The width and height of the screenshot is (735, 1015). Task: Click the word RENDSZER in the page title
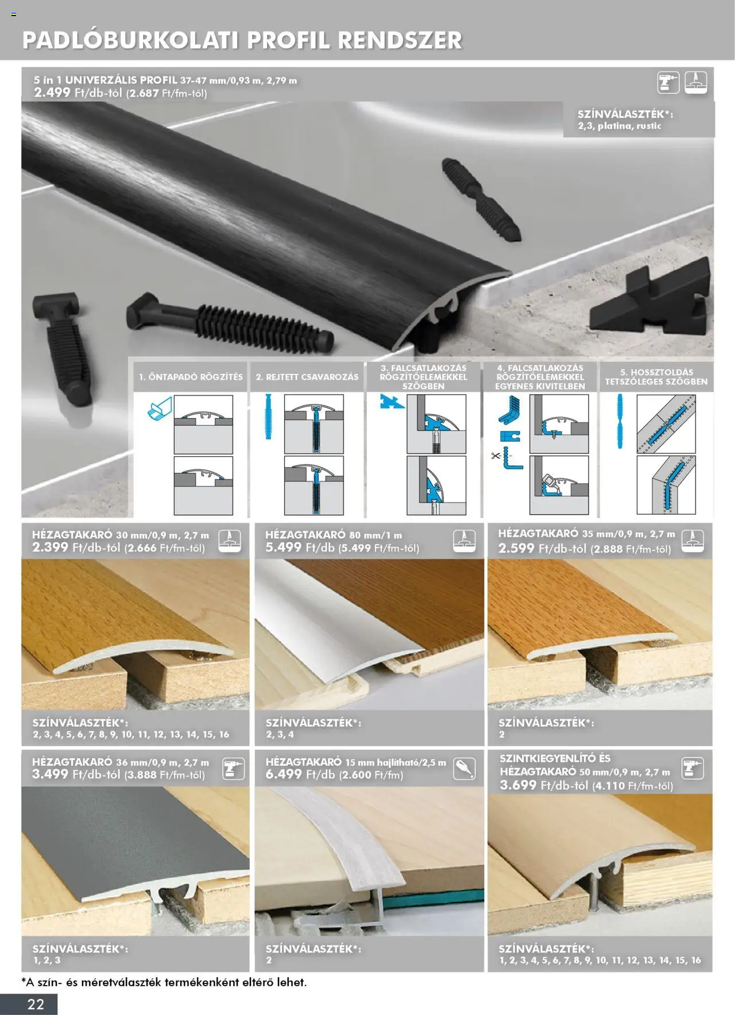(400, 40)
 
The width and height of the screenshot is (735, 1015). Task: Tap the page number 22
(36, 1004)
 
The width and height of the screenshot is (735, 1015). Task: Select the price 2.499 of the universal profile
(52, 92)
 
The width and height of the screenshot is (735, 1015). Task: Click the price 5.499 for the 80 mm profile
(284, 547)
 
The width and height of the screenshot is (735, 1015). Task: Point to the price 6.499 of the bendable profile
(284, 774)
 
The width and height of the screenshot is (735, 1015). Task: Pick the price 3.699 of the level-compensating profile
(518, 785)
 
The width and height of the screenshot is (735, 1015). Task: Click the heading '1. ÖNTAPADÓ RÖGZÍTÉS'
(191, 377)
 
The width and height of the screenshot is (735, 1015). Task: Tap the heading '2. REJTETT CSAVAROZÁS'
(307, 377)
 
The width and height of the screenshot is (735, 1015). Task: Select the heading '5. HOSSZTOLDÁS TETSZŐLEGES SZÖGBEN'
(656, 377)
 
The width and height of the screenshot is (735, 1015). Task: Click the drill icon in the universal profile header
(668, 83)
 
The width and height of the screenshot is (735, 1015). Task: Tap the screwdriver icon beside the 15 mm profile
(464, 769)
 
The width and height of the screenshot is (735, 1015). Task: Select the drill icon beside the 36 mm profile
(233, 769)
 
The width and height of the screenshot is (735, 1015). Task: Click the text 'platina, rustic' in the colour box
(629, 126)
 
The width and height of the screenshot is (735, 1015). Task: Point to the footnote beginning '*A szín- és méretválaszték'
(164, 982)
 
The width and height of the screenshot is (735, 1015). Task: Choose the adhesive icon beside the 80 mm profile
(464, 541)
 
